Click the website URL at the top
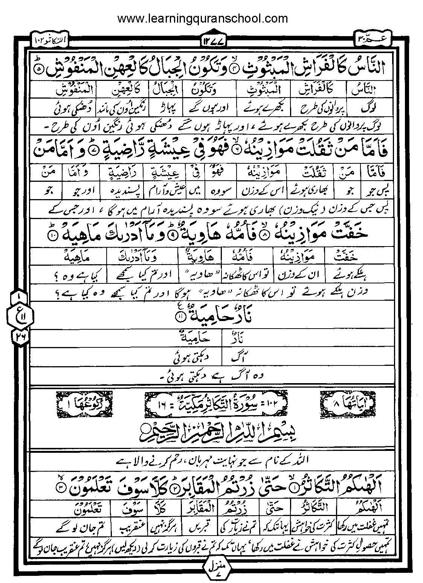pyautogui.click(x=203, y=18)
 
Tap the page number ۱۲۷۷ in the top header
pyautogui.click(x=212, y=40)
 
